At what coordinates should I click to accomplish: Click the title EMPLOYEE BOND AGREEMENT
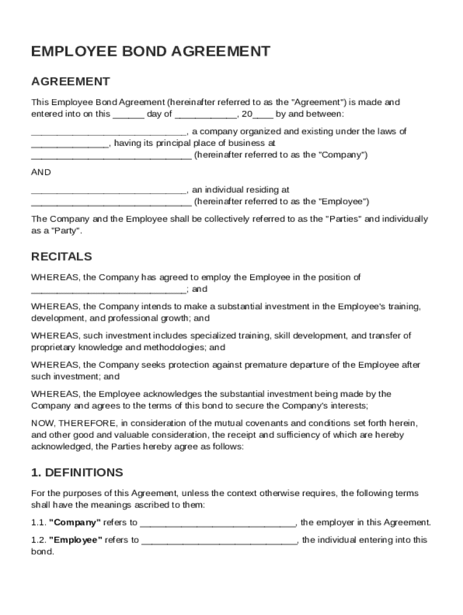point(150,52)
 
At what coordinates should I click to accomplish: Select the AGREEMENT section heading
point(70,81)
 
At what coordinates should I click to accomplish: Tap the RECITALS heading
point(61,256)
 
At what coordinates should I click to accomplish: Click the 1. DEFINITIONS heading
point(77,472)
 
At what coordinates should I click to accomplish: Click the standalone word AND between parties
point(41,172)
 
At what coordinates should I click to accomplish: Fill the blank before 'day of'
point(128,115)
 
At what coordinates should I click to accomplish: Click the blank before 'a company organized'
point(108,132)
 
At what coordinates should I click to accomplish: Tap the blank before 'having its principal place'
point(70,144)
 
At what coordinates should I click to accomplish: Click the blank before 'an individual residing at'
point(108,190)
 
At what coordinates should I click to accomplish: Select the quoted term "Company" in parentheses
point(340,155)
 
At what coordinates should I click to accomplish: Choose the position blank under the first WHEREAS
point(108,289)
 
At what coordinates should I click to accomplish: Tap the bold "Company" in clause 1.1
point(75,523)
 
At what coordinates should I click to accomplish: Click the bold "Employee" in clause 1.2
point(76,540)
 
